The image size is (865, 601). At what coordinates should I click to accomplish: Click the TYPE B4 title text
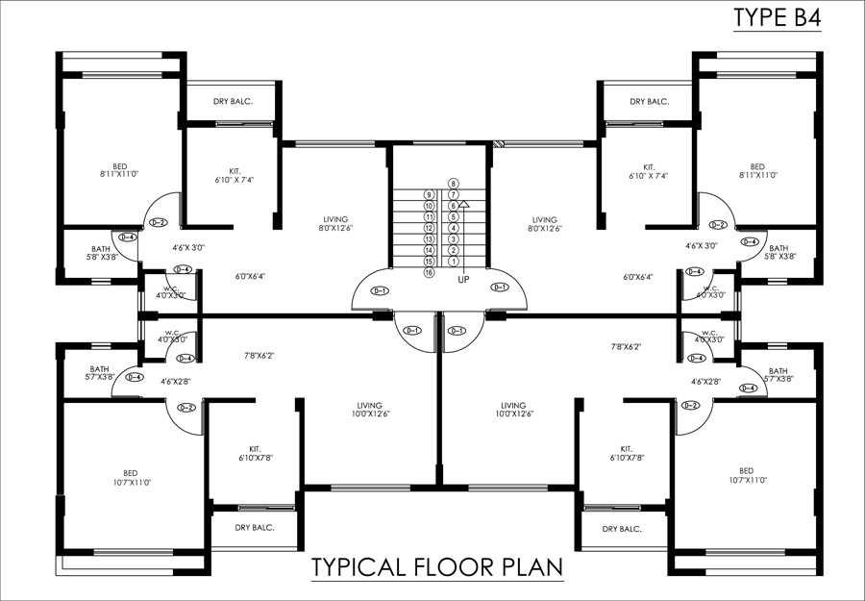(777, 18)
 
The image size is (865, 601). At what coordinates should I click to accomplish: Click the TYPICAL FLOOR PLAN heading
(436, 567)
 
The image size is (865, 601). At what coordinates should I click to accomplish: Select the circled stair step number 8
(453, 184)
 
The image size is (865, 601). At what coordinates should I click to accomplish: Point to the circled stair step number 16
(429, 273)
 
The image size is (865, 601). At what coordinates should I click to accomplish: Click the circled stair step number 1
(453, 262)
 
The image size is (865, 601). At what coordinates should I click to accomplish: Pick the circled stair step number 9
(429, 195)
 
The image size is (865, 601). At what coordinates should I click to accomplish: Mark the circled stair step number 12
(429, 228)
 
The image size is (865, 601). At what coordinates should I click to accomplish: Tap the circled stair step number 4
(453, 228)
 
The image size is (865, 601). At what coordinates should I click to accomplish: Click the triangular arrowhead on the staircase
(463, 204)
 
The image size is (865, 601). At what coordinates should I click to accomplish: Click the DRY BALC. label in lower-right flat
(622, 529)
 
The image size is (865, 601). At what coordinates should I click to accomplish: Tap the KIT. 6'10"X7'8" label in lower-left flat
(255, 453)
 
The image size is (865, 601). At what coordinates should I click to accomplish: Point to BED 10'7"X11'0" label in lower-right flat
(746, 475)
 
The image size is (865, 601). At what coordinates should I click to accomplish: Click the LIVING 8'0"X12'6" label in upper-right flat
(545, 224)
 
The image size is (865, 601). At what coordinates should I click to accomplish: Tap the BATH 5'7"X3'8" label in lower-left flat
(100, 373)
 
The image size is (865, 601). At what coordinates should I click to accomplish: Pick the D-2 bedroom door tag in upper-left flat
(159, 223)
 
